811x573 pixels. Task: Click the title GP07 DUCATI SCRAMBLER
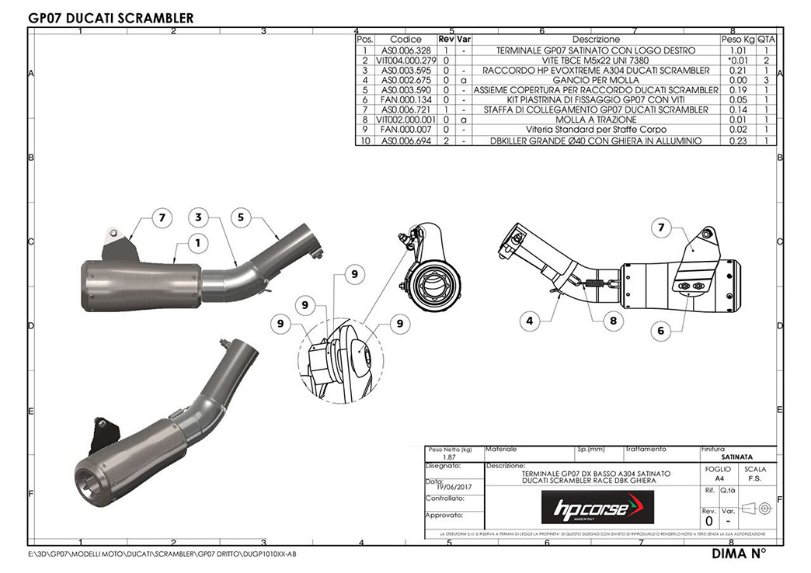110,17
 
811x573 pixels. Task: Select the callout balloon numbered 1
198,243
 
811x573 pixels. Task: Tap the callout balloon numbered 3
199,217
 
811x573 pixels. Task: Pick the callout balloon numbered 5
242,217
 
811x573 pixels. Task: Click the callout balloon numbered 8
613,318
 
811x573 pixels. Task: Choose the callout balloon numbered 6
661,330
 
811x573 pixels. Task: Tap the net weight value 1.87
438,458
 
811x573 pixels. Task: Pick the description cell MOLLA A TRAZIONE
596,120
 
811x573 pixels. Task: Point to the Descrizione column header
596,39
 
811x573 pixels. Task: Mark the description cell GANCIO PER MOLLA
596,80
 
